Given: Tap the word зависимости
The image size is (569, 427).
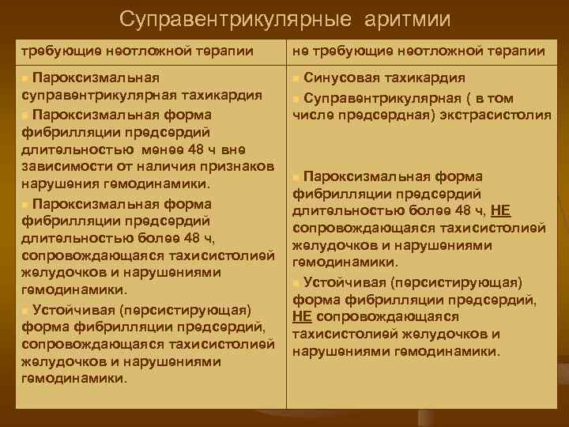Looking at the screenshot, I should (65, 167).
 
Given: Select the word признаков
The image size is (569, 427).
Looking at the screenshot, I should (238, 167).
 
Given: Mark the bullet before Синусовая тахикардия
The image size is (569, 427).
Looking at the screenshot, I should (296, 79).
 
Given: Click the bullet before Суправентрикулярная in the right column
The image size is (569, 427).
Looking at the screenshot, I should (296, 99).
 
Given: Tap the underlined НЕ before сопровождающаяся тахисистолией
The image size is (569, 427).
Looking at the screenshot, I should (301, 316).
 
